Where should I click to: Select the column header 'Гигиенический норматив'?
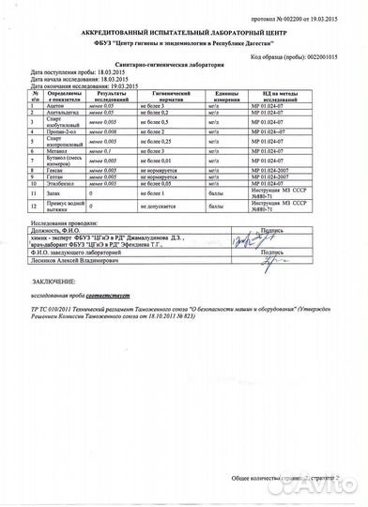coord(188,97)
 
